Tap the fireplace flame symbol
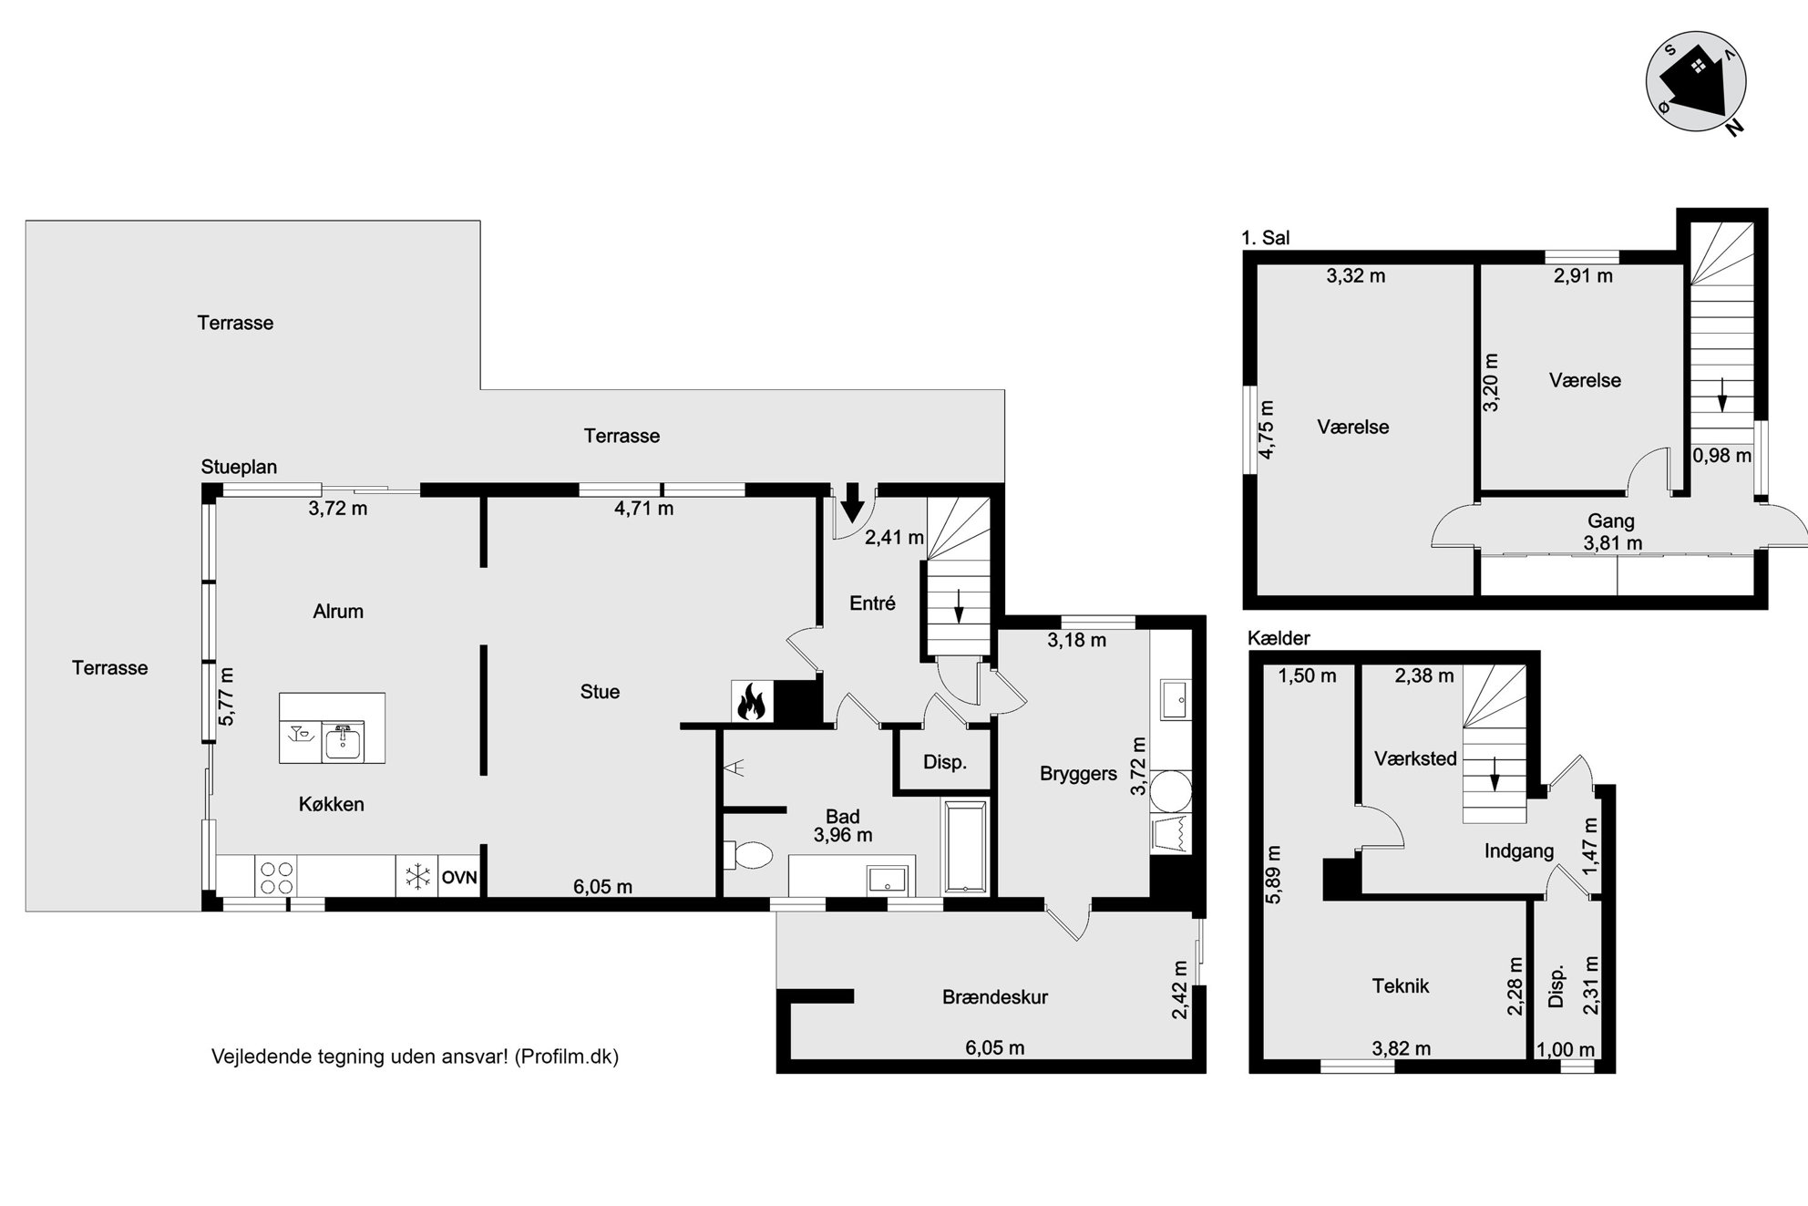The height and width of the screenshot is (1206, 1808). [x=752, y=702]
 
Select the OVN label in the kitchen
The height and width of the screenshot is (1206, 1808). [x=459, y=878]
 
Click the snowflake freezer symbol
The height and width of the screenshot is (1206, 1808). [x=417, y=878]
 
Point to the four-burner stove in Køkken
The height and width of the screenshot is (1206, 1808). [x=277, y=877]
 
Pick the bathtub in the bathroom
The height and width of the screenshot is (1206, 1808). [x=965, y=847]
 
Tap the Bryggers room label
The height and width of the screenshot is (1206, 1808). [x=1078, y=774]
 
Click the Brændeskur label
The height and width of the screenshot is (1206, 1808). [x=995, y=997]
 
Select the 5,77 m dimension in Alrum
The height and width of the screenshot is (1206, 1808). [x=227, y=696]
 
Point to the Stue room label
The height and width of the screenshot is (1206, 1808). [x=600, y=692]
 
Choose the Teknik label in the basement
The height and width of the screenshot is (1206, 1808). [x=1401, y=985]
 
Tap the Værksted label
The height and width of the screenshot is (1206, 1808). [x=1415, y=758]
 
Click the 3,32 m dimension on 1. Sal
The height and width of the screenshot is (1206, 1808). [x=1356, y=276]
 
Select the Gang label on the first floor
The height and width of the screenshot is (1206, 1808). [x=1611, y=521]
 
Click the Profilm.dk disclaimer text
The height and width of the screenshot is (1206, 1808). [x=415, y=1057]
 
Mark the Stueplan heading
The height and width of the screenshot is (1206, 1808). [x=239, y=467]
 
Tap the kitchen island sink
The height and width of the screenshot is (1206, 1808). [x=343, y=741]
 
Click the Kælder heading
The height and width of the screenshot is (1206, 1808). [x=1279, y=638]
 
